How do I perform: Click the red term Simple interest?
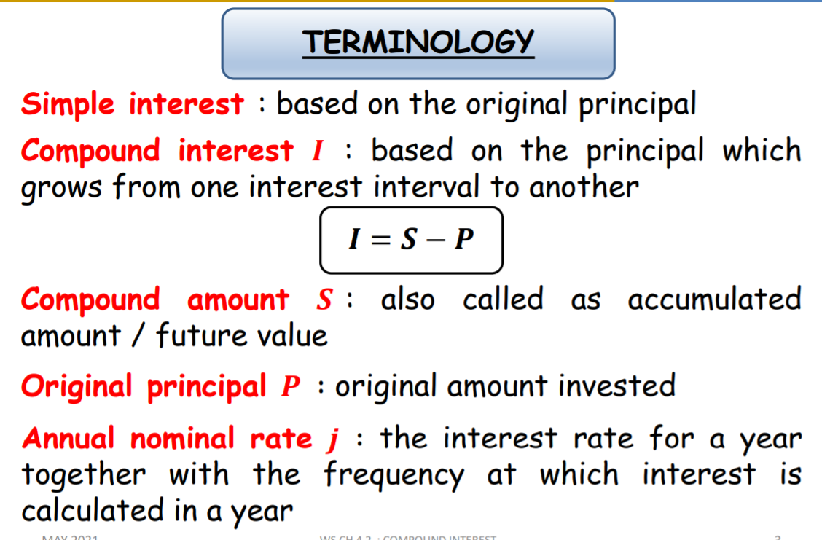coord(132,103)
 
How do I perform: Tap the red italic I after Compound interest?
coord(316,152)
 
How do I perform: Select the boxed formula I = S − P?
coord(411,240)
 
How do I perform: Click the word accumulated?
coord(714,300)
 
